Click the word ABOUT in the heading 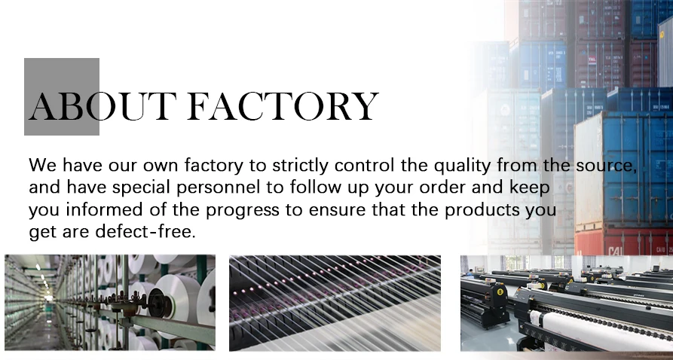click(x=102, y=106)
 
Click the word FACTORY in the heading click(x=283, y=106)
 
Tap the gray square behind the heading click(x=62, y=96)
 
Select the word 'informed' click(x=104, y=210)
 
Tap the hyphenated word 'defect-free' click(x=145, y=232)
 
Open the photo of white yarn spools click(x=110, y=303)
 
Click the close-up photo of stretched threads click(x=335, y=303)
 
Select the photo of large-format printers click(x=567, y=303)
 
